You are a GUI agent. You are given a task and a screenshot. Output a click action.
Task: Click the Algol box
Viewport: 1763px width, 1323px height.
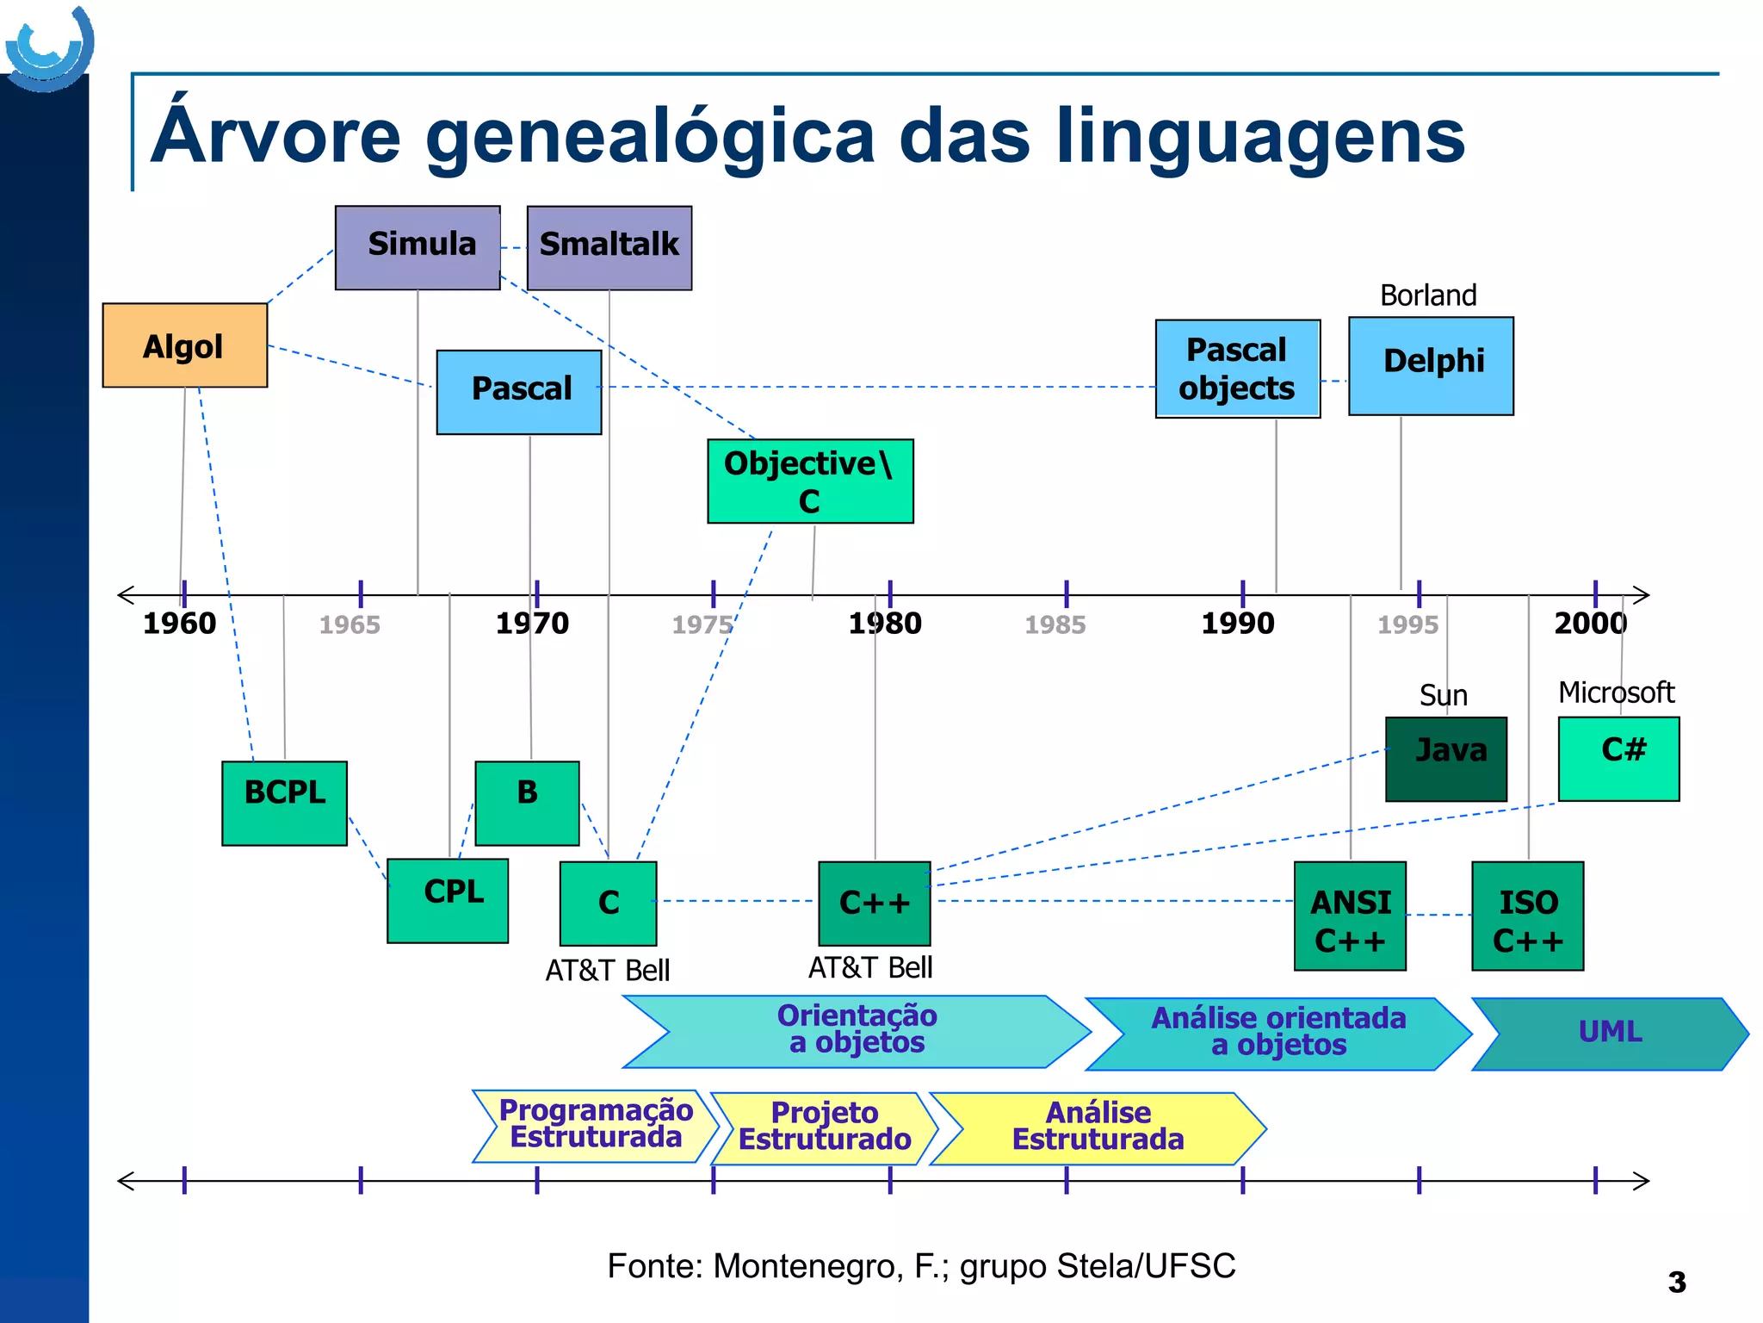[184, 345]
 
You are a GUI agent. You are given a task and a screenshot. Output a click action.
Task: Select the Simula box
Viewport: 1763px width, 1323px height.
[418, 247]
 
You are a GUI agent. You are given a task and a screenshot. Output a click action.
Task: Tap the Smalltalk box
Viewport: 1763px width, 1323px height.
[609, 247]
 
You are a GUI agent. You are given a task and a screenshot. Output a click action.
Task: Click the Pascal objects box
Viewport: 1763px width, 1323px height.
[1237, 369]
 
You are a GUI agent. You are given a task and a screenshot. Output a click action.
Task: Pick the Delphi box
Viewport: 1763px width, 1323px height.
[1431, 366]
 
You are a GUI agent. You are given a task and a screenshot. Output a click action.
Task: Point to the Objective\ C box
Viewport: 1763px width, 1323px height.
[810, 481]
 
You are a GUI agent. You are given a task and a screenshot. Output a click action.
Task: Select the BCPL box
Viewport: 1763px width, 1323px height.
[284, 803]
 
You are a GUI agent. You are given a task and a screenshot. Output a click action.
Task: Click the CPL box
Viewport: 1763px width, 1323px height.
[448, 900]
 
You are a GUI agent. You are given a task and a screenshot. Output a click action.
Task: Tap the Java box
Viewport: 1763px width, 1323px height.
[1446, 759]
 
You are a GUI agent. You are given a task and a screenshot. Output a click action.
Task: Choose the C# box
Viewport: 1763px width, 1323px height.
[1618, 759]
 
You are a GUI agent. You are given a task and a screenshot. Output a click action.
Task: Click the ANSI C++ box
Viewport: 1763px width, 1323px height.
[1350, 916]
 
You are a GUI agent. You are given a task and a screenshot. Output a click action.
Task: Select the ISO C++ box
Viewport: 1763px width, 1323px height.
[1527, 916]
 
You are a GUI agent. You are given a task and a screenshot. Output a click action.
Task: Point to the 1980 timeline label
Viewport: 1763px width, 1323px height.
[885, 624]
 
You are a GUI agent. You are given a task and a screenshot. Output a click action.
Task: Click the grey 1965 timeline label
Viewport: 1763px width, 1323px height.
[350, 624]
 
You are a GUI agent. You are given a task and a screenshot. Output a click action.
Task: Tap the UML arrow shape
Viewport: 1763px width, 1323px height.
[1610, 1033]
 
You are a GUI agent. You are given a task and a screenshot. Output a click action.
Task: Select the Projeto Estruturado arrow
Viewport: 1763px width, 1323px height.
[824, 1127]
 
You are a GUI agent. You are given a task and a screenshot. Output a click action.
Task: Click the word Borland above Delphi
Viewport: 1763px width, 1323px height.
[1428, 295]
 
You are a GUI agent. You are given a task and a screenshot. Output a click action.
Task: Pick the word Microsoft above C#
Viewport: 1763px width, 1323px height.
[1616, 693]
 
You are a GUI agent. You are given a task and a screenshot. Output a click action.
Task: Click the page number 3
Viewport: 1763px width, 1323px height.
[1676, 1283]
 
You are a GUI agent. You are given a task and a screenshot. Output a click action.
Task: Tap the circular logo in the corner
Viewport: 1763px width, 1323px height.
[49, 48]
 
